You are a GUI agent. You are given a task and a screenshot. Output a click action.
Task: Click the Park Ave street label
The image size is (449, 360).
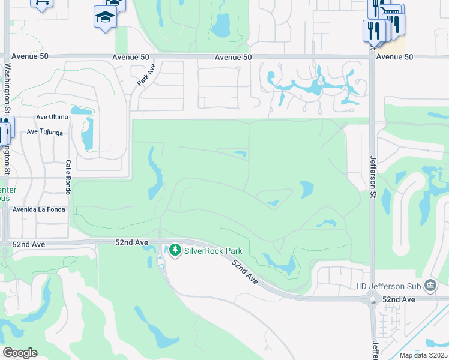click(146, 74)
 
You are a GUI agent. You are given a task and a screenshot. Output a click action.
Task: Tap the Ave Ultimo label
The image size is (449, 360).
click(50, 117)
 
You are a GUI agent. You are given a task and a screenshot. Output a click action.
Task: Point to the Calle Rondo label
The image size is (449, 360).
click(68, 177)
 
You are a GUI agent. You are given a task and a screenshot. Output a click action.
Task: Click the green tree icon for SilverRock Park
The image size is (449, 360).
click(175, 249)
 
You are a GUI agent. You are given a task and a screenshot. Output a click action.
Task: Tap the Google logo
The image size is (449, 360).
click(20, 353)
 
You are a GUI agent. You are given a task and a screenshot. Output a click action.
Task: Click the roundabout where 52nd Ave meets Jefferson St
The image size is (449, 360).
click(373, 299)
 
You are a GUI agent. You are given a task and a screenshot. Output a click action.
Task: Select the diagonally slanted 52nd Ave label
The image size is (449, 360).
click(245, 271)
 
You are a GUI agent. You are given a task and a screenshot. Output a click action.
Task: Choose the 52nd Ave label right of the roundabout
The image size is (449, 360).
click(399, 299)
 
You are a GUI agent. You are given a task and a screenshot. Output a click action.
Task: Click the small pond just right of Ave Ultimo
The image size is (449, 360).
click(82, 111)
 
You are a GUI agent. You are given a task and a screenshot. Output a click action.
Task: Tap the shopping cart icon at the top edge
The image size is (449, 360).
click(41, 3)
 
